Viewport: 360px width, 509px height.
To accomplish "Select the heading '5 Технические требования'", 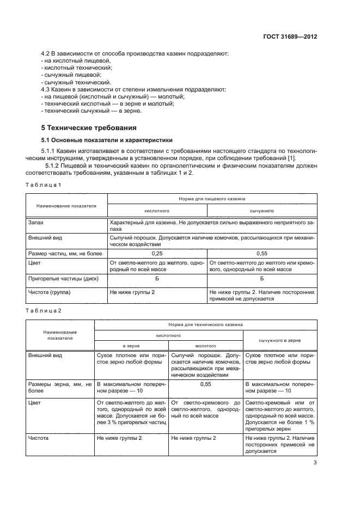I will (89, 128).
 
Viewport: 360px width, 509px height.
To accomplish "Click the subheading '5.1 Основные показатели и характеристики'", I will (99, 139).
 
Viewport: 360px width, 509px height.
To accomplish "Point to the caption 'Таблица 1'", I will (44, 185).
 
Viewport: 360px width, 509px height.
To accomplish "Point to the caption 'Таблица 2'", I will (44, 310).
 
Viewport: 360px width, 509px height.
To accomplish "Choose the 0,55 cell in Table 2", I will (205, 384).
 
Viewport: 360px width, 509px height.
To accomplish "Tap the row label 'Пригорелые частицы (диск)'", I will (58, 279).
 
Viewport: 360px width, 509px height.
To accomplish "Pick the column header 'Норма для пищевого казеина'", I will (212, 199).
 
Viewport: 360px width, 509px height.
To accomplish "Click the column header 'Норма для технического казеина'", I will (205, 324).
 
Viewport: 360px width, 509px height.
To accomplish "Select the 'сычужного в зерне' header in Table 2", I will (280, 340).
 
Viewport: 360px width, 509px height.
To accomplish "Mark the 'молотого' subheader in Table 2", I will (205, 345).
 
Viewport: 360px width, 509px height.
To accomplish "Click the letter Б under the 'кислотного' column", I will (157, 279).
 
